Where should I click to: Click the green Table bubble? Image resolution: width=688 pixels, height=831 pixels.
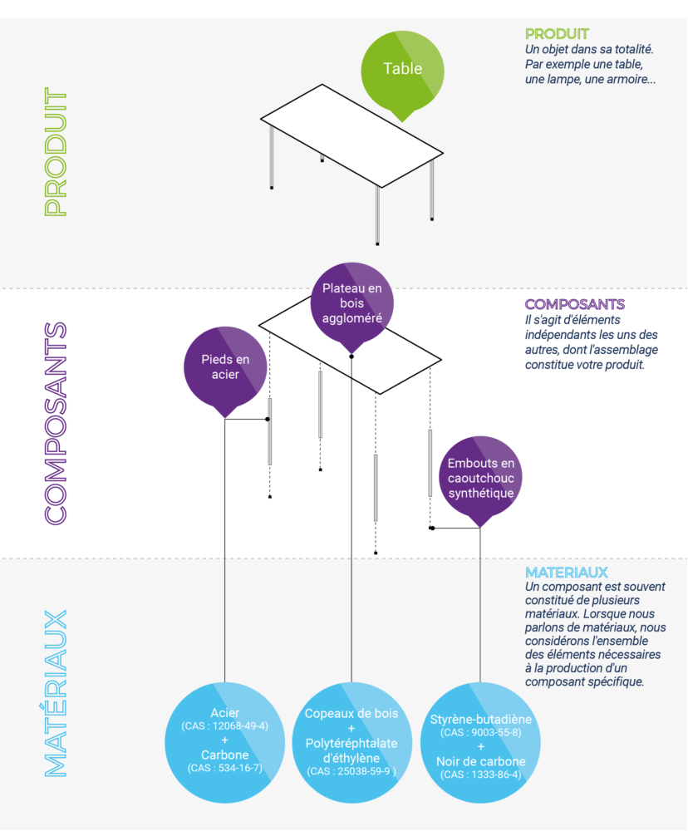click(402, 70)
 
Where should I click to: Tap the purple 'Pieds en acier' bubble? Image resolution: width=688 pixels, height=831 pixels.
click(225, 367)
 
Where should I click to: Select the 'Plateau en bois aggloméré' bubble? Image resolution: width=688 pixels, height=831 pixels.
click(351, 302)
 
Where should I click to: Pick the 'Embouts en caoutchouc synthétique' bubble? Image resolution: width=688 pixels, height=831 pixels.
click(480, 477)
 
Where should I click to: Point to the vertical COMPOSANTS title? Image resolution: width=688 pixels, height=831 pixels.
click(55, 422)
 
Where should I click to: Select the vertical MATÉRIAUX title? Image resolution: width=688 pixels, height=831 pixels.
click(55, 694)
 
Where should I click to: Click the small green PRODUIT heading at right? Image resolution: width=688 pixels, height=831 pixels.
click(557, 34)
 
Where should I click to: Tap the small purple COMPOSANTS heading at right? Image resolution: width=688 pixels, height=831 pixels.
click(574, 305)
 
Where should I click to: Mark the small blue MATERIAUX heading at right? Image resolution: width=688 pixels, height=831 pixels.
click(566, 573)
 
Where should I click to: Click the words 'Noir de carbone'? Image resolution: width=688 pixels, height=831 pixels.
click(480, 762)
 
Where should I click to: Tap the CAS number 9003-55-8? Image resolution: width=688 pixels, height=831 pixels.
click(481, 732)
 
